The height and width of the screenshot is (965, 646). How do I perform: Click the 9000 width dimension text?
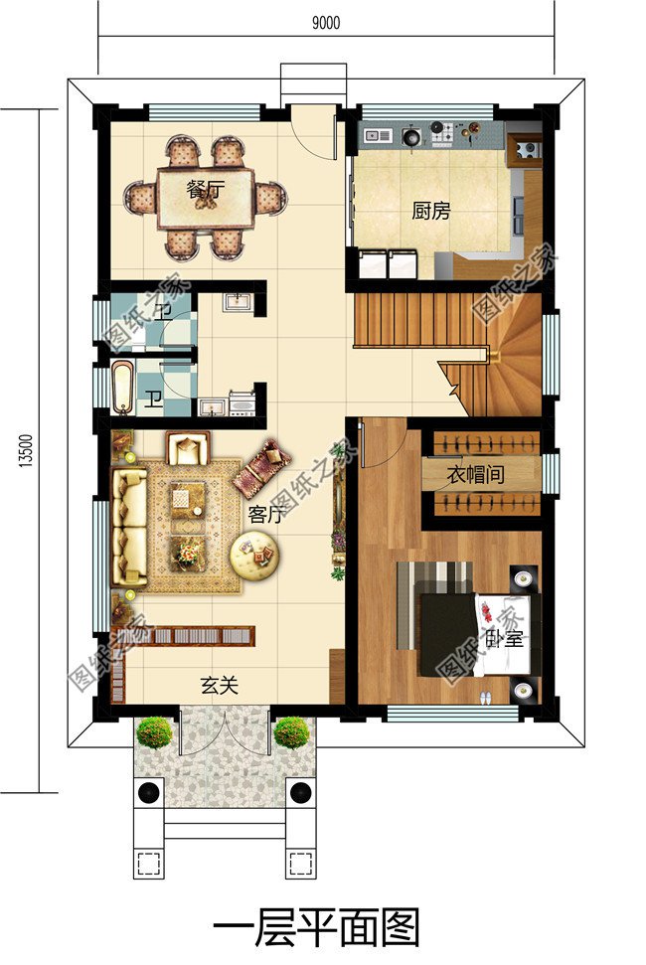pos(325,25)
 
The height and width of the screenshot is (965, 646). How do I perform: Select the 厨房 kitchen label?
pos(431,211)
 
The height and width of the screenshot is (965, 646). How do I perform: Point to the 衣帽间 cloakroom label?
pos(473,475)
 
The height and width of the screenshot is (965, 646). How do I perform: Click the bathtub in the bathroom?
pos(121,390)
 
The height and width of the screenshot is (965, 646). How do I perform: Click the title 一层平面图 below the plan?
pos(317,927)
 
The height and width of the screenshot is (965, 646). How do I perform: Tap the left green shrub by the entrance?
pos(154,733)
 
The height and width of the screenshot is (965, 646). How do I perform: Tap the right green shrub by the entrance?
pos(291,733)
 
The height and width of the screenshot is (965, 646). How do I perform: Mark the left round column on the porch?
pos(149,792)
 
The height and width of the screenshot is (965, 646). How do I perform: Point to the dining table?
pos(206,198)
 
